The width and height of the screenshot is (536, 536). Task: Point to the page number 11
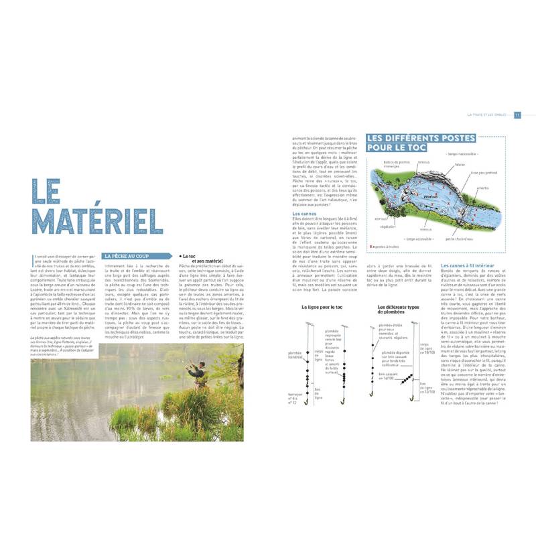[517, 115]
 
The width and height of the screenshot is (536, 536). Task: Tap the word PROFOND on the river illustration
[430, 197]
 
